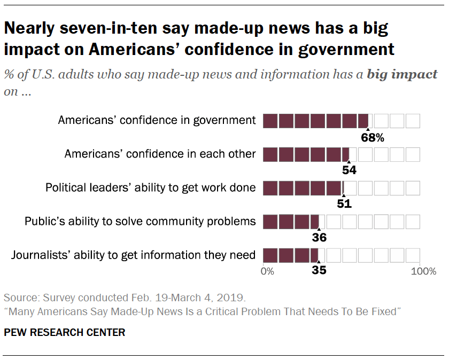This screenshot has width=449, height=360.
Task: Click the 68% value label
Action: (x=373, y=137)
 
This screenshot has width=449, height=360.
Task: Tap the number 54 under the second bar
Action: (x=349, y=170)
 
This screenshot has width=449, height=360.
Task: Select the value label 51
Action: (x=344, y=204)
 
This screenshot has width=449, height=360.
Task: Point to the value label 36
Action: (x=319, y=237)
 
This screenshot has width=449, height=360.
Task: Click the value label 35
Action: (x=319, y=270)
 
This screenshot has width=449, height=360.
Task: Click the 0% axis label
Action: (x=267, y=271)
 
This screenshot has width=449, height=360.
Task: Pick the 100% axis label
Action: (x=424, y=271)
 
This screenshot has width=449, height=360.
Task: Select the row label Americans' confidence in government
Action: (x=157, y=120)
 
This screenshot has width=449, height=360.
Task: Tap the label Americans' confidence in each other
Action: (x=160, y=154)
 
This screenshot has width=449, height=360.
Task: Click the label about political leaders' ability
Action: (x=151, y=187)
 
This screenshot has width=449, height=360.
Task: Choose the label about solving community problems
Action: (x=141, y=221)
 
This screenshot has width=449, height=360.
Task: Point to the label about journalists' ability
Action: (x=134, y=255)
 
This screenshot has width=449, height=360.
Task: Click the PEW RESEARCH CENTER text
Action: (x=64, y=332)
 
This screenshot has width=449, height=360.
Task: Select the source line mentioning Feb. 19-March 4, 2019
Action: (x=125, y=297)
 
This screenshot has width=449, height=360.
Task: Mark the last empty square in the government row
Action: (x=413, y=121)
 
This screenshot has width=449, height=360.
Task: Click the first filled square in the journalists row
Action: (x=270, y=255)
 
